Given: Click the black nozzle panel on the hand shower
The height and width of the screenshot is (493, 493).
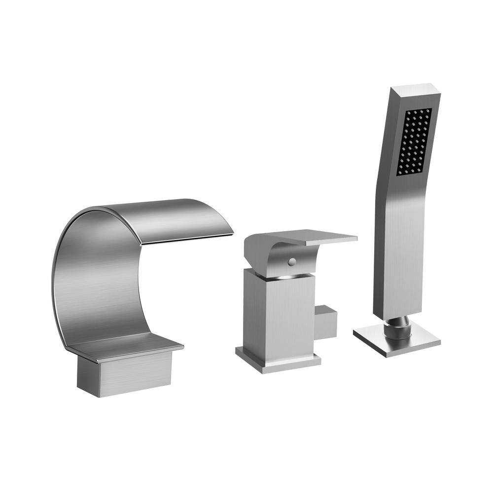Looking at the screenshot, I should (414, 142).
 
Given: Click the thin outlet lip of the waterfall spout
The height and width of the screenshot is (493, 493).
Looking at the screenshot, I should (187, 239).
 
